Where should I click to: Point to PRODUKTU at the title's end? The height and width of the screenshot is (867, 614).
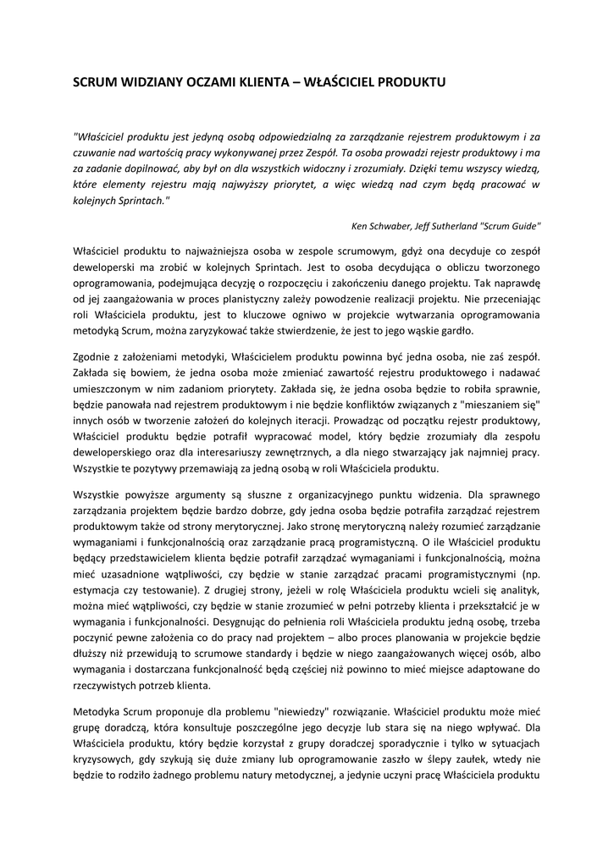coord(411,83)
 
